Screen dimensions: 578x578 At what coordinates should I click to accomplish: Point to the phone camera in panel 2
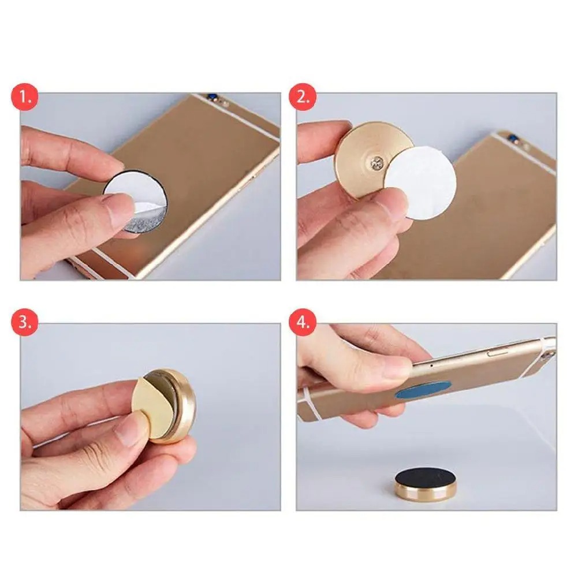[508, 136]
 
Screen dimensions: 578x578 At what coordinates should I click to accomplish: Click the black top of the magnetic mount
[425, 480]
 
